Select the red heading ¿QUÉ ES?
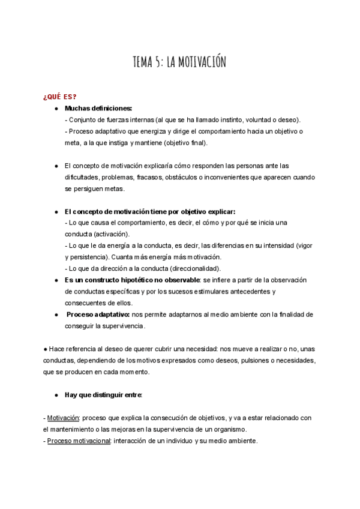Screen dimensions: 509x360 tap(59, 97)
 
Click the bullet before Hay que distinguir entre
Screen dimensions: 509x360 tap(55, 395)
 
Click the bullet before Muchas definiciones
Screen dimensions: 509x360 tap(55, 108)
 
